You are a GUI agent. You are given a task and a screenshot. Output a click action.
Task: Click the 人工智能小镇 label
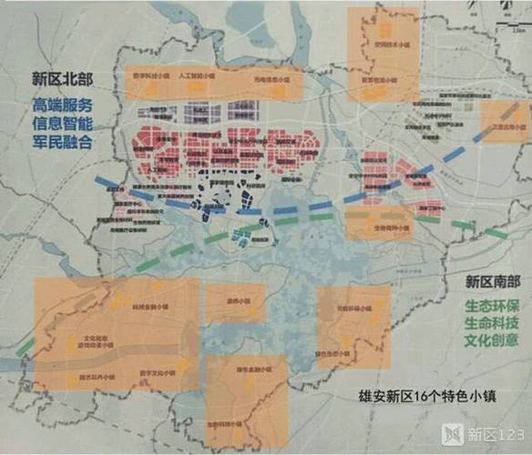click(197, 77)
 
